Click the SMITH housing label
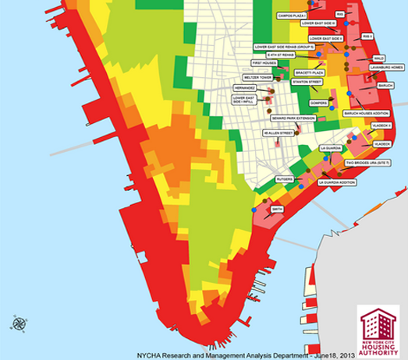tap(278, 209)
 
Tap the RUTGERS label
tap(285, 179)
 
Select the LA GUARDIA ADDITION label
tap(337, 182)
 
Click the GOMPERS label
tap(318, 102)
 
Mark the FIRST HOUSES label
tap(263, 62)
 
